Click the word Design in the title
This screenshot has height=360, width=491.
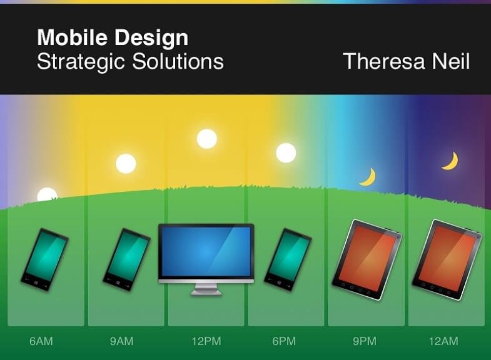pyautogui.click(x=151, y=38)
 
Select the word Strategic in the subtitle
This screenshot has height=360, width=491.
pyautogui.click(x=81, y=62)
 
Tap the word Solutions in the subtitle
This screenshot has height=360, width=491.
pyautogui.click(x=178, y=61)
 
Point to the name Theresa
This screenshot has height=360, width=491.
pyautogui.click(x=384, y=61)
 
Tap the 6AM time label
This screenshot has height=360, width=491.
pyautogui.click(x=41, y=341)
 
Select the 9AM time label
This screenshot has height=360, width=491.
pyautogui.click(x=121, y=341)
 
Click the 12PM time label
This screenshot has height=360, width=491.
pyautogui.click(x=206, y=341)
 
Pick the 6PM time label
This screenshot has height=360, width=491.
pyautogui.click(x=284, y=341)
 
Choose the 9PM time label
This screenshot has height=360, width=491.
pyautogui.click(x=365, y=341)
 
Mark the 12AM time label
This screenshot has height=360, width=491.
pyautogui.click(x=443, y=341)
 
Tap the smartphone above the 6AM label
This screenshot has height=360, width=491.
pyautogui.click(x=45, y=259)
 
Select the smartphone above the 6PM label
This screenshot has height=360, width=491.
pyautogui.click(x=288, y=259)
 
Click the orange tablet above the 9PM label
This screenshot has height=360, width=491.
pyautogui.click(x=367, y=259)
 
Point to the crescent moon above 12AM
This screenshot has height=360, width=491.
pyautogui.click(x=452, y=162)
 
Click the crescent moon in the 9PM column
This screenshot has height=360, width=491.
pyautogui.click(x=370, y=177)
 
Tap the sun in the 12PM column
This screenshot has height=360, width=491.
pyautogui.click(x=207, y=139)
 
